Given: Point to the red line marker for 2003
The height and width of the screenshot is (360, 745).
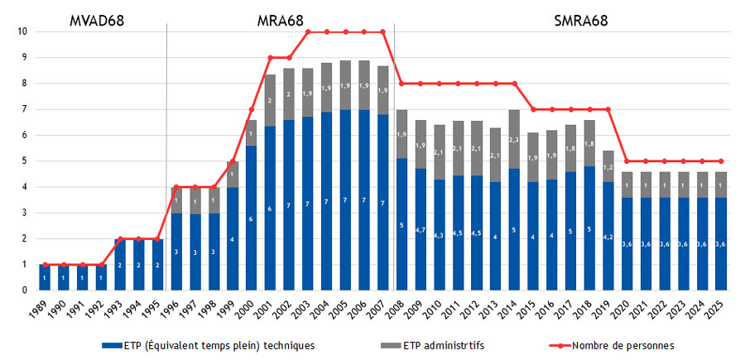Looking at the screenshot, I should [x=308, y=31].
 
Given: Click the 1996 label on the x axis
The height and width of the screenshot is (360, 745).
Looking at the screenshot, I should [x=176, y=312].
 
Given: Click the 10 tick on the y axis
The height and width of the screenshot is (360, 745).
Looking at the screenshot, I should [x=25, y=31].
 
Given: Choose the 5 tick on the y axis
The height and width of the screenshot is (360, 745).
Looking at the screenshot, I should [x=25, y=161].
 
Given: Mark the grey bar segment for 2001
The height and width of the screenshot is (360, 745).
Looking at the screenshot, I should [x=270, y=100].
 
